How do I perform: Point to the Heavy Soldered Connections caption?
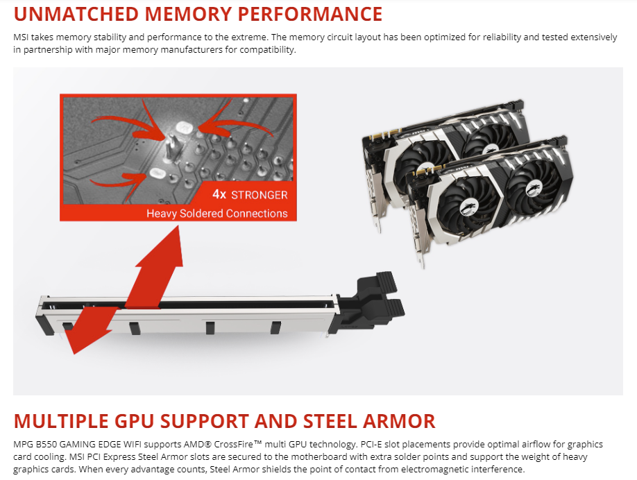point(216,213)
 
